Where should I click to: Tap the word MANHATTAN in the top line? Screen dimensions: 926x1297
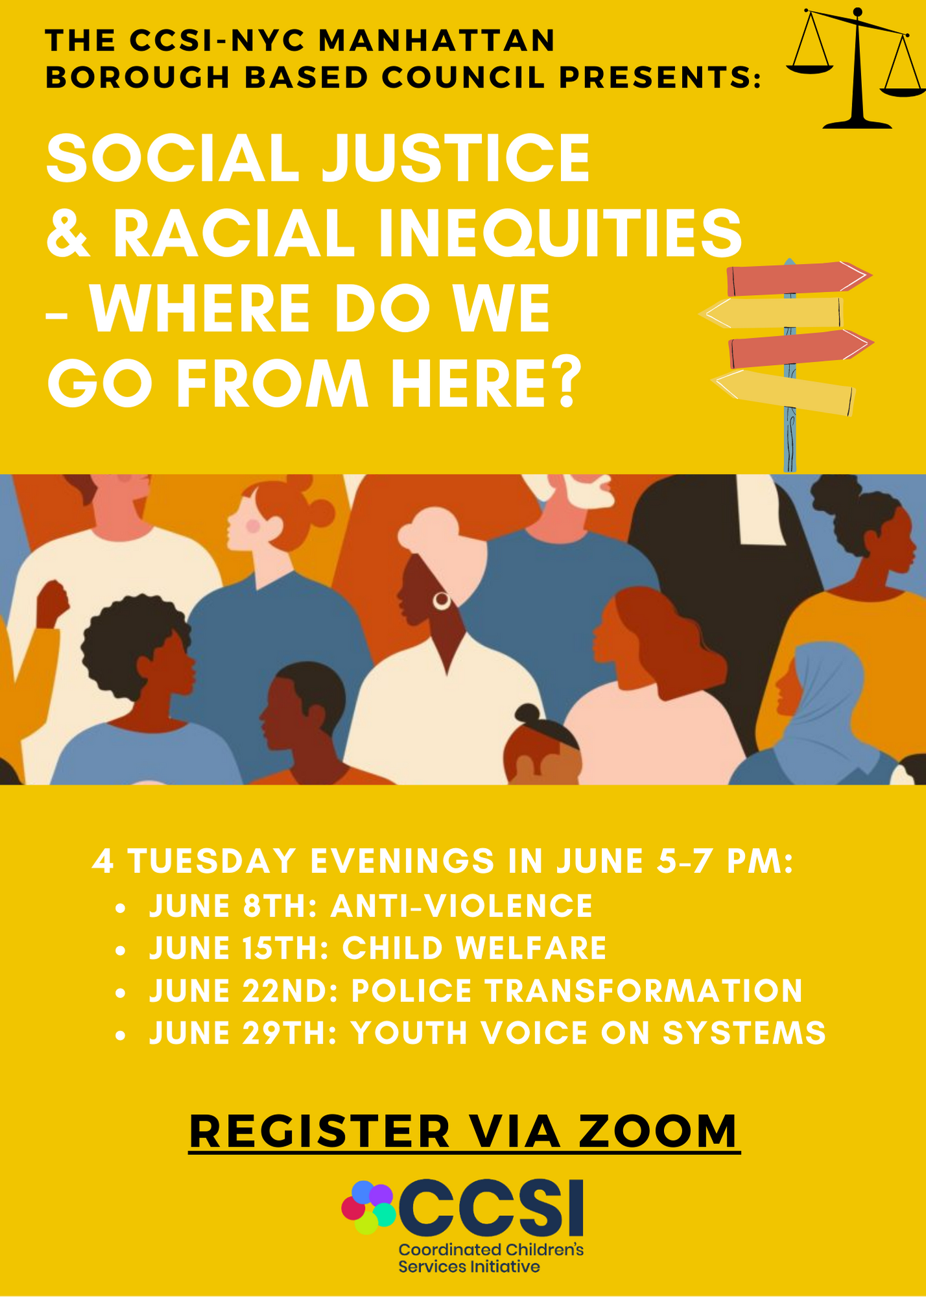coord(438,40)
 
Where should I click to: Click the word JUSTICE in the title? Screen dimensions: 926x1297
coord(456,159)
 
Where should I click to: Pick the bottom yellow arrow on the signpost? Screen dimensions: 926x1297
coord(783,392)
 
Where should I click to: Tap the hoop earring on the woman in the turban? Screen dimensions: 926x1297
coord(442,601)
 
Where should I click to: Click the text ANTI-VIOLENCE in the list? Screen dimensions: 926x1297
coord(462,905)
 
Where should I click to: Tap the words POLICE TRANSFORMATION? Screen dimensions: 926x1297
coord(577,991)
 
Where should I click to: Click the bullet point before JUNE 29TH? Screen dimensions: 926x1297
coord(120,1035)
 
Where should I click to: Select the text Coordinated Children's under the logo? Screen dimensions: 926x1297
coord(491,1249)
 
